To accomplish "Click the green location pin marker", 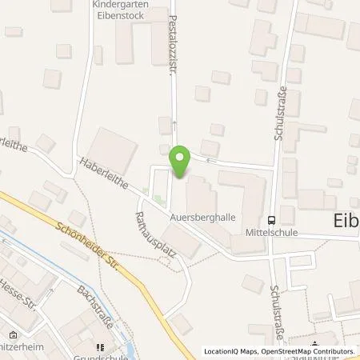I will [x=181, y=162].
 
